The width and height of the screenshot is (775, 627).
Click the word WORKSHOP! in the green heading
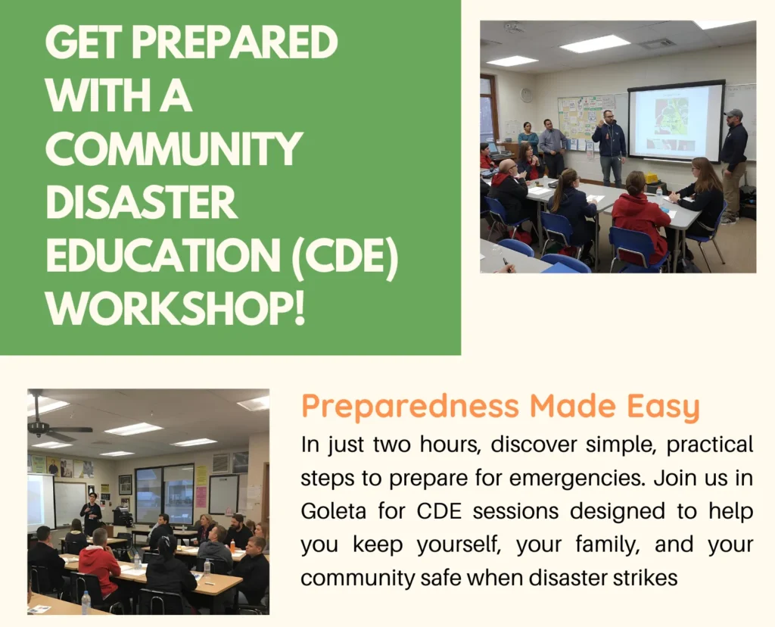pyautogui.click(x=176, y=309)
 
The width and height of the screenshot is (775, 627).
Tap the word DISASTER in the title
pyautogui.click(x=141, y=203)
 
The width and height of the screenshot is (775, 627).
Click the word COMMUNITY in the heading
pyautogui.click(x=174, y=150)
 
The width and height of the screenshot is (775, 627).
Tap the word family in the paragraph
pyautogui.click(x=571, y=544)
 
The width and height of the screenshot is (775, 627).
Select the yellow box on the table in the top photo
pyautogui.click(x=651, y=178)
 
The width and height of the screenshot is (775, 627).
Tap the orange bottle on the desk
pyautogui.click(x=232, y=546)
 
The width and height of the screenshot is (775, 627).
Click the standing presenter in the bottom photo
pyautogui.click(x=92, y=515)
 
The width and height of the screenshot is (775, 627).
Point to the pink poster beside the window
pyautogui.click(x=201, y=496)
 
